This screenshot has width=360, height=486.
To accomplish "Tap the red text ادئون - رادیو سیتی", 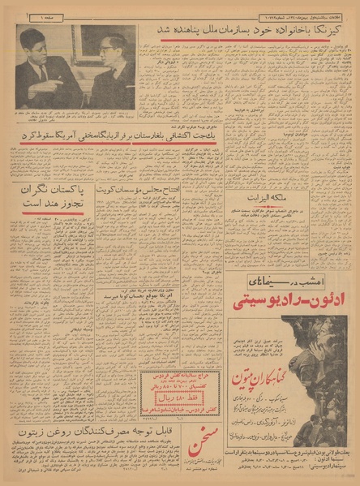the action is (x=287, y=303).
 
